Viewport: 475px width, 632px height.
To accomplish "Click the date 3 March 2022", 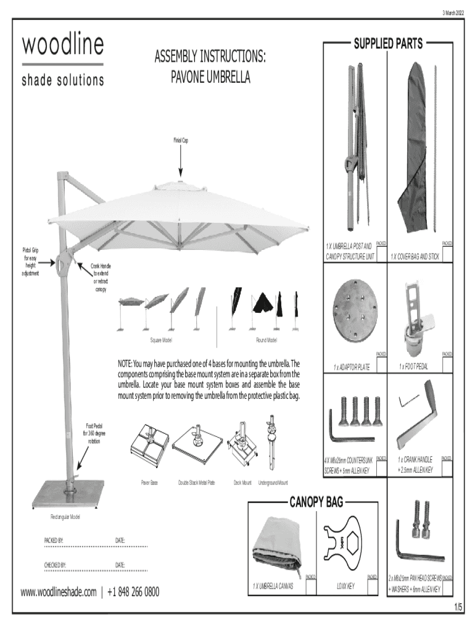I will point(455,13).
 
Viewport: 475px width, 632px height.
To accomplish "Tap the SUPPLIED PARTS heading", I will point(387,43).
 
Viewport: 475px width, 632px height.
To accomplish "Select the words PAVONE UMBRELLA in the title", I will point(210,78).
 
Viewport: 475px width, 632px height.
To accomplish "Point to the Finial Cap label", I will point(181,141).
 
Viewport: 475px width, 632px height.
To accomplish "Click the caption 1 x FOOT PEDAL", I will point(418,367).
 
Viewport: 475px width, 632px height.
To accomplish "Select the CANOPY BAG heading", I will point(316,501).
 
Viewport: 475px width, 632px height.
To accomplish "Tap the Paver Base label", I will point(150,481).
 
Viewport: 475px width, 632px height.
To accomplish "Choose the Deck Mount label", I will point(242,481).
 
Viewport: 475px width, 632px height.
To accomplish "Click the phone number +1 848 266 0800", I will point(133,593).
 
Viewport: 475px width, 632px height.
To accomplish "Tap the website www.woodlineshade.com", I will point(59,593).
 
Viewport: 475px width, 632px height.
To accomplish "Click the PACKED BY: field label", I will point(54,541).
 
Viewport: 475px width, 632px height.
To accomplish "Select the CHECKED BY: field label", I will point(56,565).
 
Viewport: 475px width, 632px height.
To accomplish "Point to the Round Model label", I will point(266,340).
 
